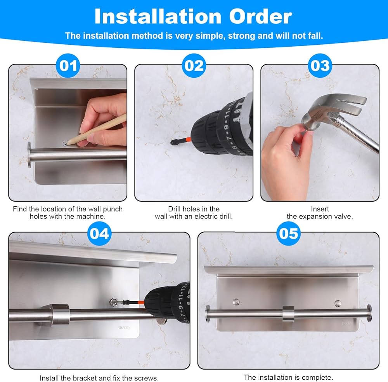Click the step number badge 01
(x=68, y=66)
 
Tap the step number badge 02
(x=194, y=66)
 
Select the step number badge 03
(x=320, y=66)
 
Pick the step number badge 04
(x=99, y=234)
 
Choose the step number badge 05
(x=289, y=234)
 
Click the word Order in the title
(x=261, y=17)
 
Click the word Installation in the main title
(x=158, y=16)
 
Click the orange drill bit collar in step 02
(x=188, y=140)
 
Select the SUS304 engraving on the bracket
(x=125, y=328)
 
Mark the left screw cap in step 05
(x=236, y=302)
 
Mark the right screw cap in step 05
(x=338, y=303)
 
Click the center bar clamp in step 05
(x=288, y=314)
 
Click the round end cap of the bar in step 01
(x=29, y=155)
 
